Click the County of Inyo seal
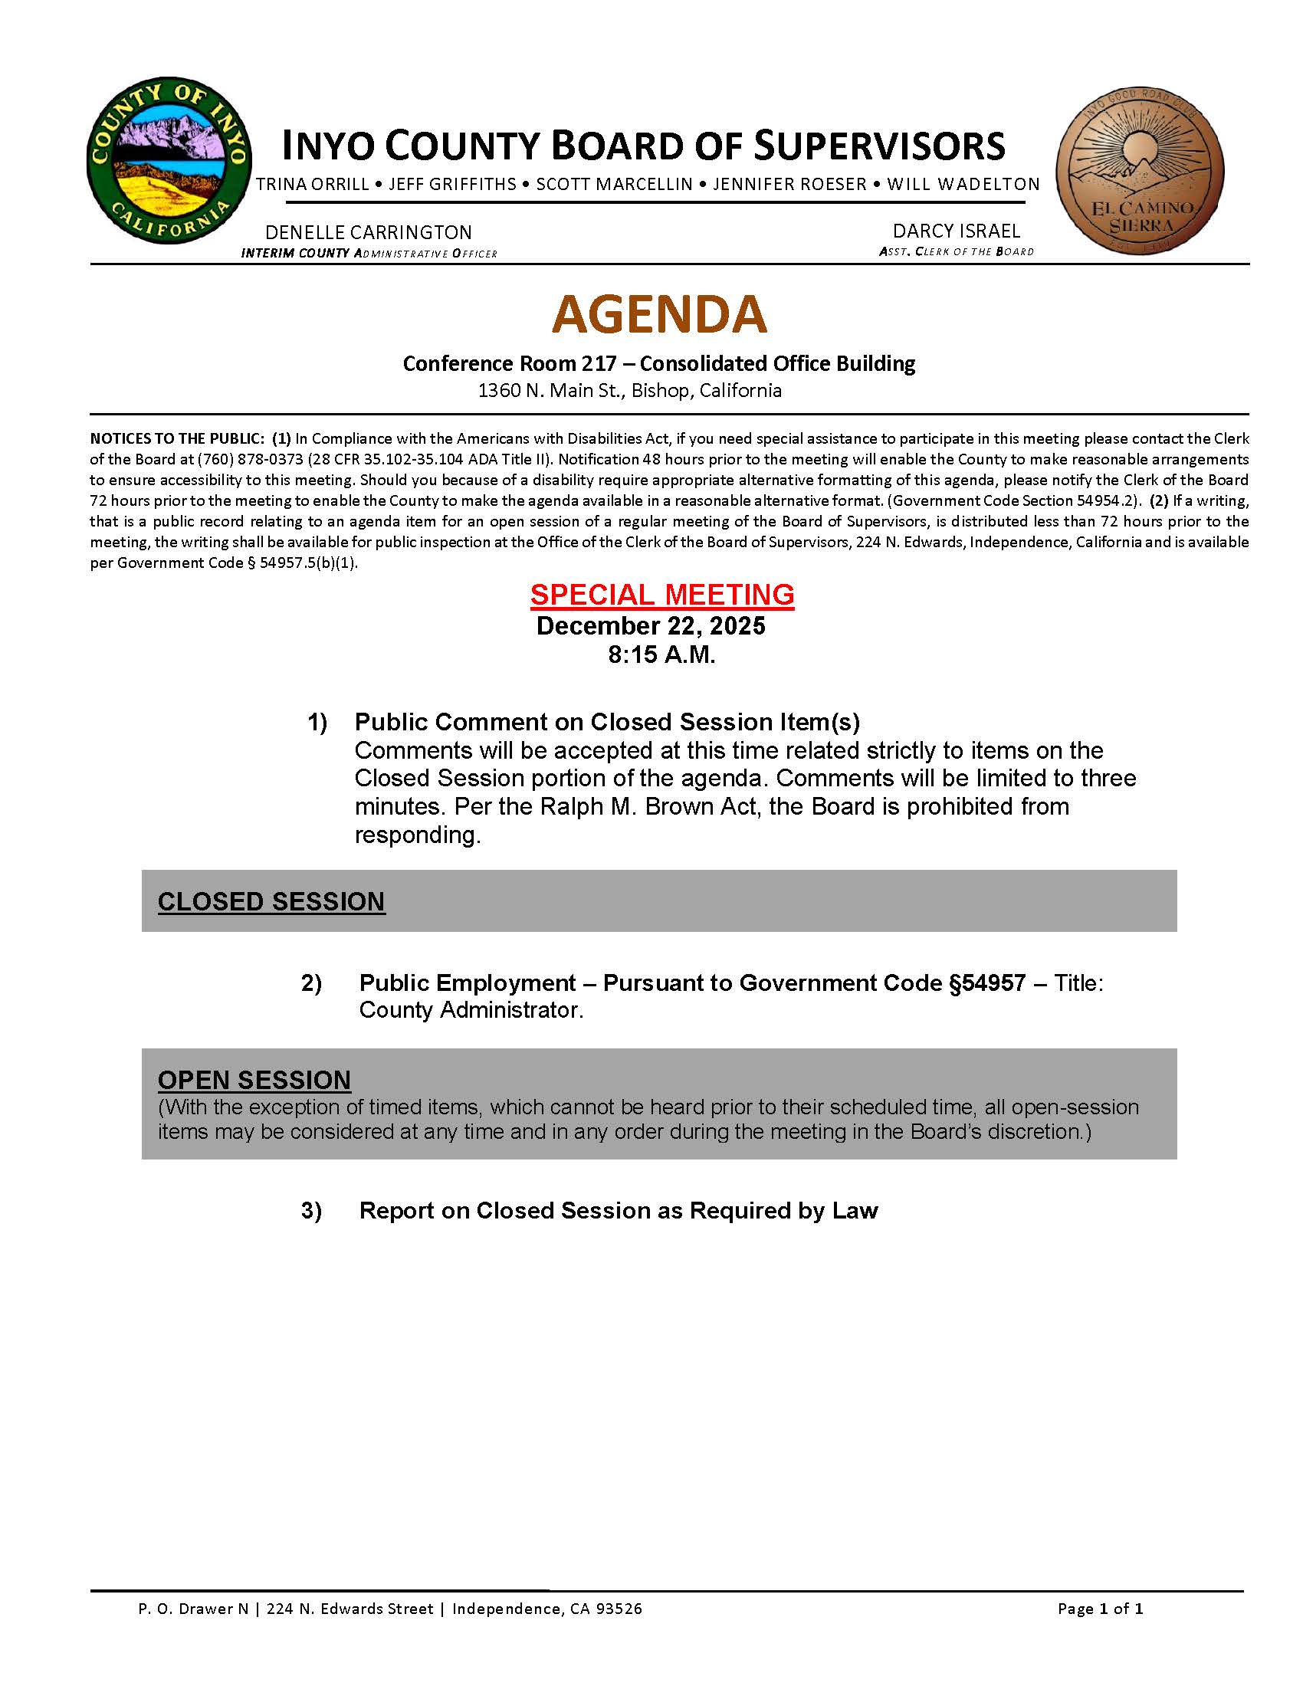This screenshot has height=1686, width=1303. click(169, 161)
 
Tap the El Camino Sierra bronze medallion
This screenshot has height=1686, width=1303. click(1139, 170)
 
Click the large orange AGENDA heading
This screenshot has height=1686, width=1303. click(659, 314)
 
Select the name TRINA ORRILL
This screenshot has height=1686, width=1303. click(313, 185)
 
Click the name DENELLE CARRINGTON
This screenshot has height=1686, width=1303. click(368, 232)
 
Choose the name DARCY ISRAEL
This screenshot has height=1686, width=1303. click(956, 231)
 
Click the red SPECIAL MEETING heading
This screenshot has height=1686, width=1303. click(661, 595)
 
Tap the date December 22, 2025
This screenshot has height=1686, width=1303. click(650, 625)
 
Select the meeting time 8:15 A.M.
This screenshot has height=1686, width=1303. click(661, 654)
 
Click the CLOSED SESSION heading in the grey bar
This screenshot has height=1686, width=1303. click(271, 902)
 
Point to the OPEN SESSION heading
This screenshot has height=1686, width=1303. click(254, 1080)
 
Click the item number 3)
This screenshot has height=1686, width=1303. click(311, 1210)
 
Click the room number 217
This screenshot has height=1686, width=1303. click(600, 363)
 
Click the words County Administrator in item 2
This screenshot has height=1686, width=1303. click(470, 1011)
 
